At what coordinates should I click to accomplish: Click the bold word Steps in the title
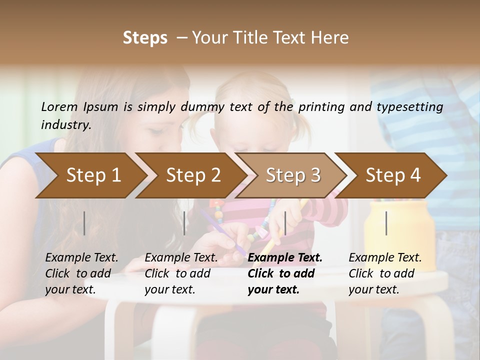(145, 38)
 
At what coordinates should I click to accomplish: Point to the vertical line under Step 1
(84, 223)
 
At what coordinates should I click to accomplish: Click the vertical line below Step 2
(184, 223)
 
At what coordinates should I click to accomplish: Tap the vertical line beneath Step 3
(285, 223)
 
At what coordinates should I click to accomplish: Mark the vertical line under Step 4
(386, 223)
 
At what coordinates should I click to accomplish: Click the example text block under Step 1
(81, 273)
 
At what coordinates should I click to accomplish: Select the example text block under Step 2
(181, 273)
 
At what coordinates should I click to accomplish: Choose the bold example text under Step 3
(284, 273)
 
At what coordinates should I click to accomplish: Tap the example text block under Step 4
(385, 273)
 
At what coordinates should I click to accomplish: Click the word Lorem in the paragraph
(59, 106)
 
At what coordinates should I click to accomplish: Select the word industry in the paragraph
(65, 124)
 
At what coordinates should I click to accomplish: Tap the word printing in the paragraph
(320, 107)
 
